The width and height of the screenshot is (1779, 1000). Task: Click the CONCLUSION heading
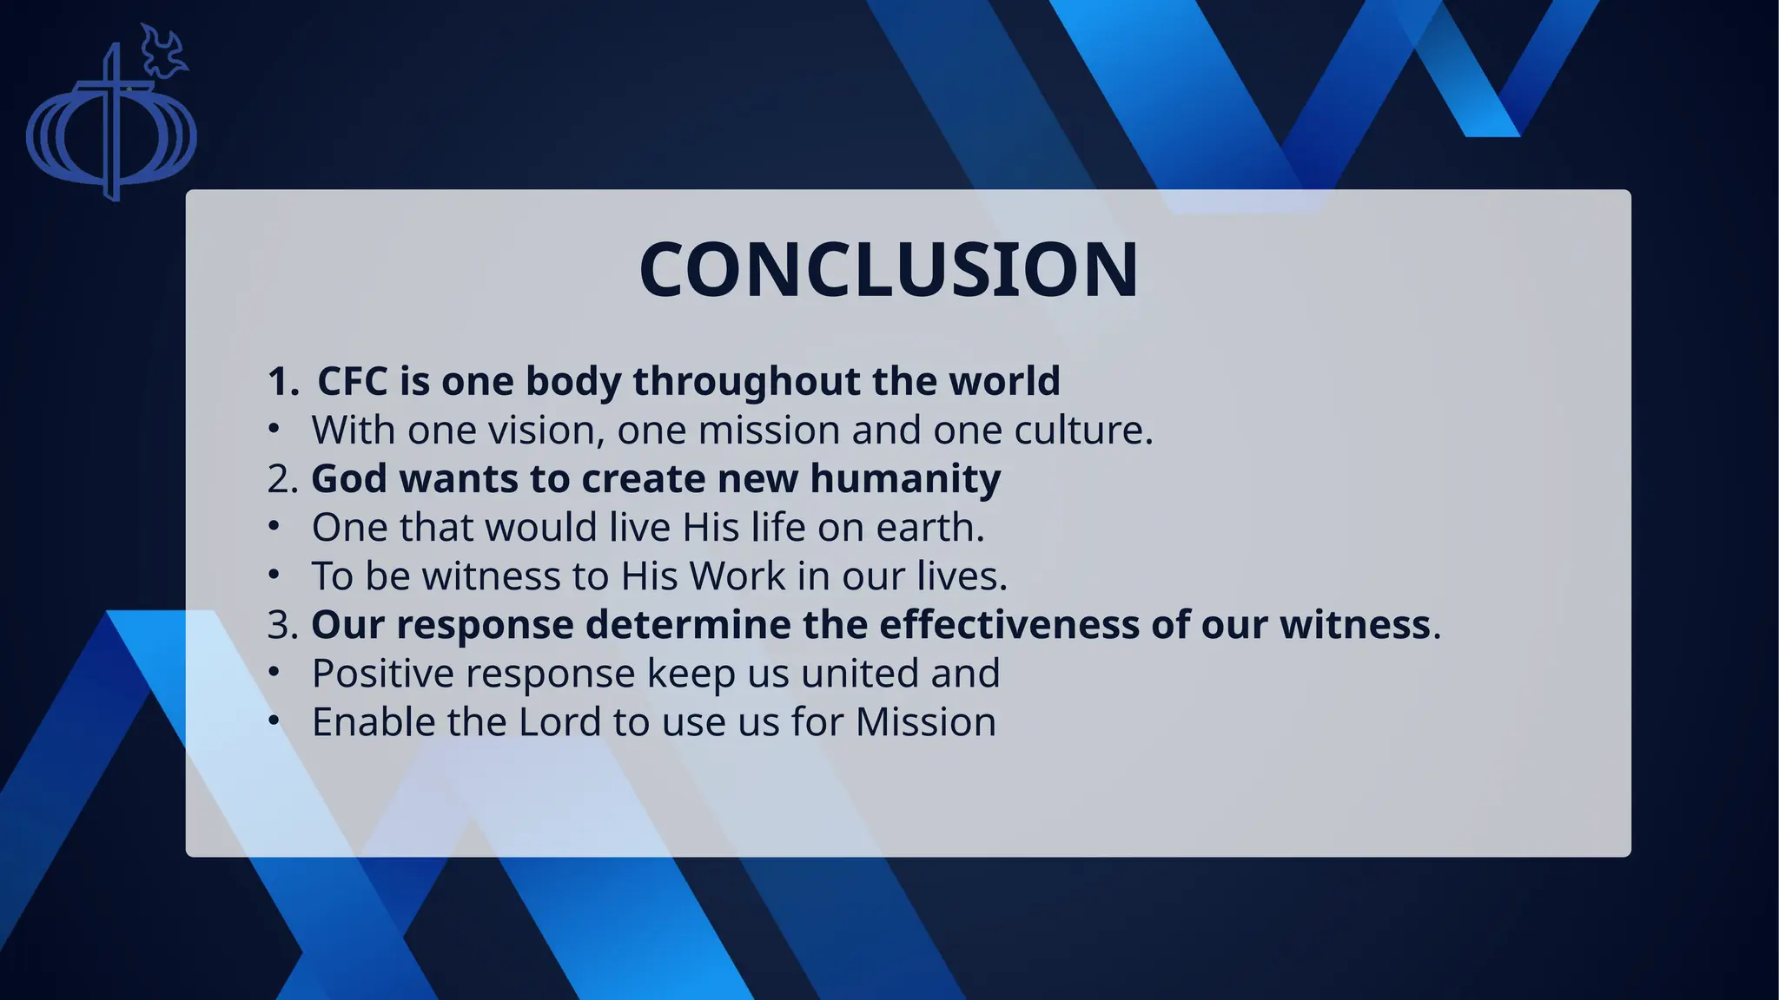click(889, 270)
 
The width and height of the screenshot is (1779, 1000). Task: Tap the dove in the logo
click(163, 50)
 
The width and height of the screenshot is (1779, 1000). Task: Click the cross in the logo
click(111, 122)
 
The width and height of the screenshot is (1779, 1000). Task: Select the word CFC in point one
click(352, 381)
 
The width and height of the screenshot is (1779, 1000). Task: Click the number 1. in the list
click(282, 381)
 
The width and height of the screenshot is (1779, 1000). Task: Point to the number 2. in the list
click(282, 479)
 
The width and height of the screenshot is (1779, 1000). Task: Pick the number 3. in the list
click(282, 625)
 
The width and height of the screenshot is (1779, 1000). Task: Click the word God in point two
click(348, 479)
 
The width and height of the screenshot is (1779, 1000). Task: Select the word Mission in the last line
click(925, 722)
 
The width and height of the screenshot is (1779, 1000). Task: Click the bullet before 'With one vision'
click(274, 429)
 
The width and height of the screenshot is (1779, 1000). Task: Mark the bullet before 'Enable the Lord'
click(274, 720)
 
